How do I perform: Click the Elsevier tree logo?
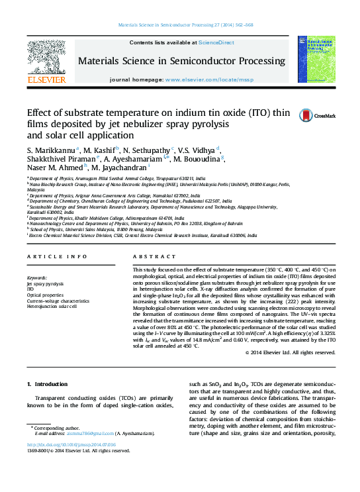point(46,56)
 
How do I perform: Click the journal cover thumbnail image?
point(316,59)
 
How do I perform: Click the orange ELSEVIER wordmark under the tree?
point(46,80)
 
